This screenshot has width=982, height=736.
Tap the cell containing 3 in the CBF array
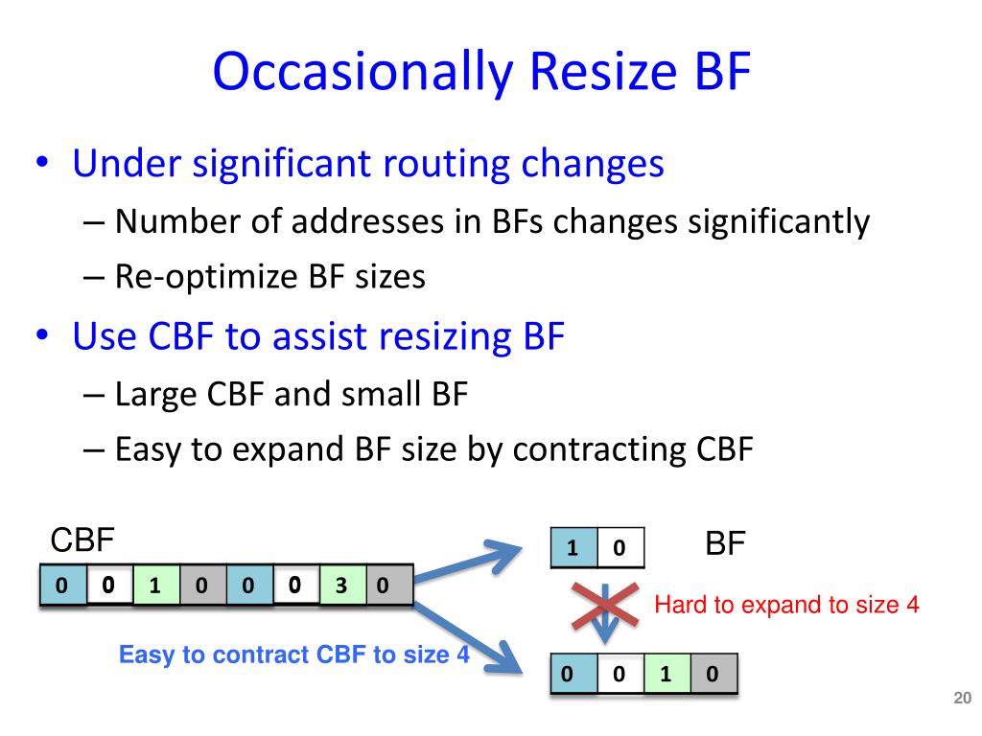339,586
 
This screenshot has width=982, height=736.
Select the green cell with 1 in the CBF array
153,586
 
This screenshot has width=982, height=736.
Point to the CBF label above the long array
82,541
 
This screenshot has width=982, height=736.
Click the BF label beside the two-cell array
725,545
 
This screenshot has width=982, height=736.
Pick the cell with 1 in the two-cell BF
573,548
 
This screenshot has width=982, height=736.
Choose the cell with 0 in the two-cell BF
620,548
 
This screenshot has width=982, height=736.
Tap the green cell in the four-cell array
665,674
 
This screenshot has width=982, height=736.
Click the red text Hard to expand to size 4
786,606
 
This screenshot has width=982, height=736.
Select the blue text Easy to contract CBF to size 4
294,655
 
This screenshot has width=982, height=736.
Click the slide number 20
962,699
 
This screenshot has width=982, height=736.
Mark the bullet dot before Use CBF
43,336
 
